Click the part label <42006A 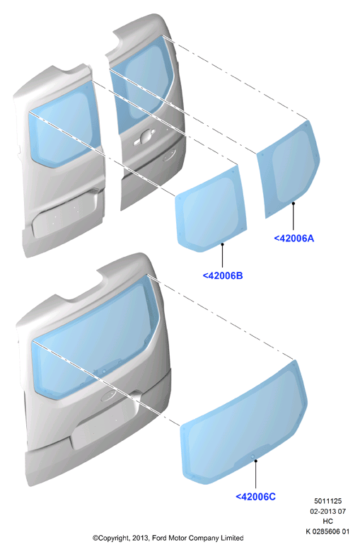click(x=294, y=238)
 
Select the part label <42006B click(x=223, y=276)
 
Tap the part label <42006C click(x=255, y=497)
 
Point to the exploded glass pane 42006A click(x=289, y=169)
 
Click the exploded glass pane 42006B click(x=211, y=208)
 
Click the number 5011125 click(x=327, y=501)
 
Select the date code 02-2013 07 click(x=327, y=511)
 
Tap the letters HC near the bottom click(x=327, y=522)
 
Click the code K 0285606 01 click(x=327, y=531)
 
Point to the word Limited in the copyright click(x=232, y=538)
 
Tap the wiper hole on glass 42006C click(x=252, y=456)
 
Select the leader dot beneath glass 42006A click(x=293, y=203)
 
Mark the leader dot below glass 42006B click(x=222, y=243)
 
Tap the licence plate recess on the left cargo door click(x=64, y=215)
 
